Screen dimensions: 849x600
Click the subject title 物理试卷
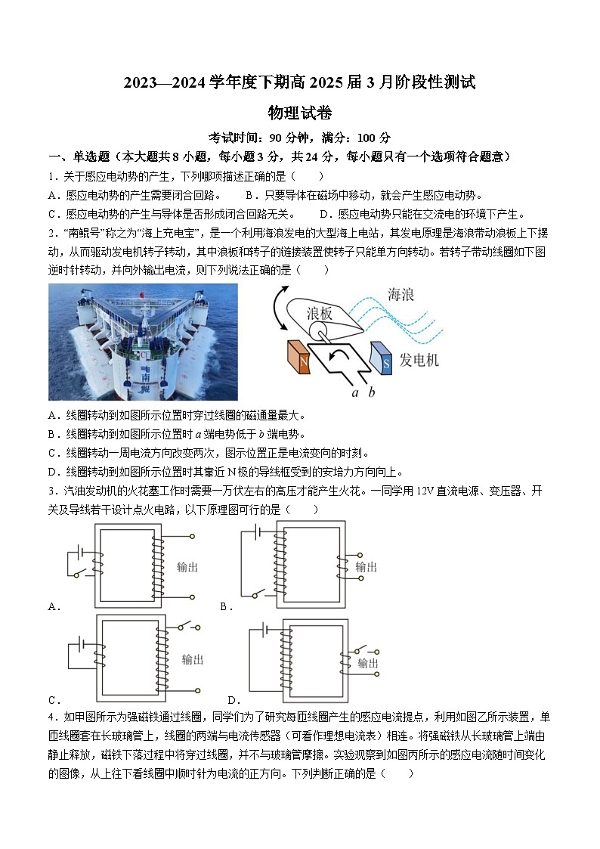click(x=300, y=113)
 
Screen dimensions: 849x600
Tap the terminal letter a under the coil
click(x=354, y=392)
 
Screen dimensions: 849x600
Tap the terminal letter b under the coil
click(x=371, y=392)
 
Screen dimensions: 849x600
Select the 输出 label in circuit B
click(x=366, y=566)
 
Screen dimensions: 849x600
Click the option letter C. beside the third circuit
click(x=54, y=700)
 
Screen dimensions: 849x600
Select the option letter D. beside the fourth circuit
click(x=234, y=700)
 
